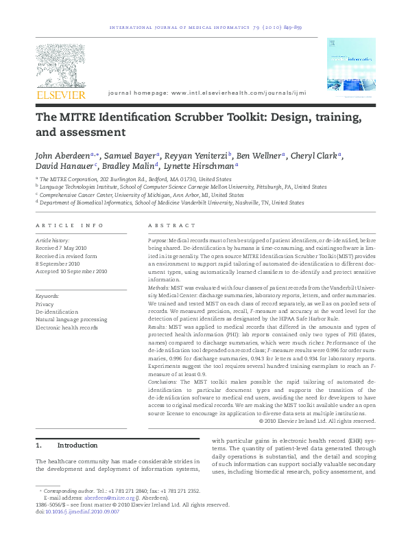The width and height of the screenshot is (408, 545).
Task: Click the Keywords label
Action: click(49, 297)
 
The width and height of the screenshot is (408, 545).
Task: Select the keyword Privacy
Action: click(45, 304)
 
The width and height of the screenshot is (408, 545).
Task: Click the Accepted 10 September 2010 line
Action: click(71, 272)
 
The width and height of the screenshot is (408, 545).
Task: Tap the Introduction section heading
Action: click(80, 445)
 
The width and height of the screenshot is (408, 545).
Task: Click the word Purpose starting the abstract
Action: click(158, 240)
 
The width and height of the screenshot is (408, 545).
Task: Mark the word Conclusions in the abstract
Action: click(163, 382)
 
